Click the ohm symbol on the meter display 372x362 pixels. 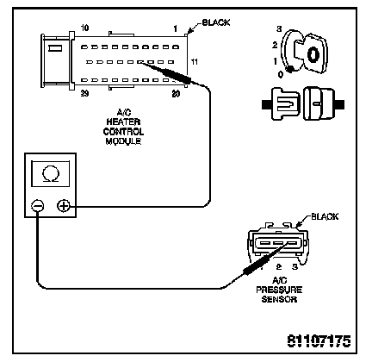click(51, 174)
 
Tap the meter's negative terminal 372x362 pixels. click(38, 206)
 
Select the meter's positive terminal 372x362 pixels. click(64, 206)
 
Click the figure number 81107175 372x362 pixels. click(319, 340)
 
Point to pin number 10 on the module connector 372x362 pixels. click(84, 28)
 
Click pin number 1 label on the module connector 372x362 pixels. click(176, 28)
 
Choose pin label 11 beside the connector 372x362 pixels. click(195, 62)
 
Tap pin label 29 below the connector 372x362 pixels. click(84, 93)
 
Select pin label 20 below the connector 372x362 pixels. click(176, 94)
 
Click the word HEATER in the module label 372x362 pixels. click(123, 122)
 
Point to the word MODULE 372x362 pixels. click(123, 141)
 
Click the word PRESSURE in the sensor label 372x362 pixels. click(279, 290)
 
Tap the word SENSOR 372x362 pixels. click(279, 299)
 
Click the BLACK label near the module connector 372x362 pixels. click(216, 22)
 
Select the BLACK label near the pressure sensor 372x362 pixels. click(325, 216)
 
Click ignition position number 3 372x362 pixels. click(279, 29)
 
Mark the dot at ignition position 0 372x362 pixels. click(290, 69)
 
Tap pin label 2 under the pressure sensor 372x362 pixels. click(279, 267)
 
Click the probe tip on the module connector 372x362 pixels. click(140, 62)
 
